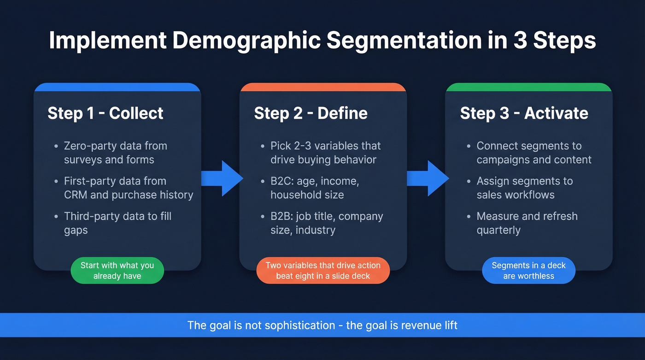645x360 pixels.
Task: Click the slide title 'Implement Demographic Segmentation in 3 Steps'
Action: click(322, 41)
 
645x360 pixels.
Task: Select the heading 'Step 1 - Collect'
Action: click(106, 113)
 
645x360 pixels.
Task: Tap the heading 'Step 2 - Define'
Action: click(311, 113)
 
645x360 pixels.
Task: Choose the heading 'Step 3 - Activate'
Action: click(524, 113)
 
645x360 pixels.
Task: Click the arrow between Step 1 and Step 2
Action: click(223, 178)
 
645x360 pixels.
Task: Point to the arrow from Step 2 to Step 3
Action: click(428, 178)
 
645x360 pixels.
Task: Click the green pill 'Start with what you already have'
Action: click(117, 271)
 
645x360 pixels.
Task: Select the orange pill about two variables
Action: click(323, 271)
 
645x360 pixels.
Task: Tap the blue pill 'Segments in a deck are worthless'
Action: click(528, 271)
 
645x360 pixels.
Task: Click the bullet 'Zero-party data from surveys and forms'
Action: click(115, 153)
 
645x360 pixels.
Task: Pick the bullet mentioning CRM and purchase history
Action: click(128, 188)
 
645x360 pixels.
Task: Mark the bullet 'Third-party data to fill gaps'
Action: click(117, 223)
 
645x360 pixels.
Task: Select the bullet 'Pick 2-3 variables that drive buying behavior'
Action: click(325, 153)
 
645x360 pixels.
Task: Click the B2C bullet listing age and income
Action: click(315, 188)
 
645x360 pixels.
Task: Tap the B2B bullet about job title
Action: click(327, 223)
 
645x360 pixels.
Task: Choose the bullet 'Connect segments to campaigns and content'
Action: click(534, 153)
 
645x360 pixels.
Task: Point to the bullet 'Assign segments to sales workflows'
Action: click(524, 188)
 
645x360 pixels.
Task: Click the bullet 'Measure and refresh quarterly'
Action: click(527, 223)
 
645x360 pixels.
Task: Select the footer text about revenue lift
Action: click(322, 325)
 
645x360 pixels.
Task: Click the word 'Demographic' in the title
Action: click(246, 41)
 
